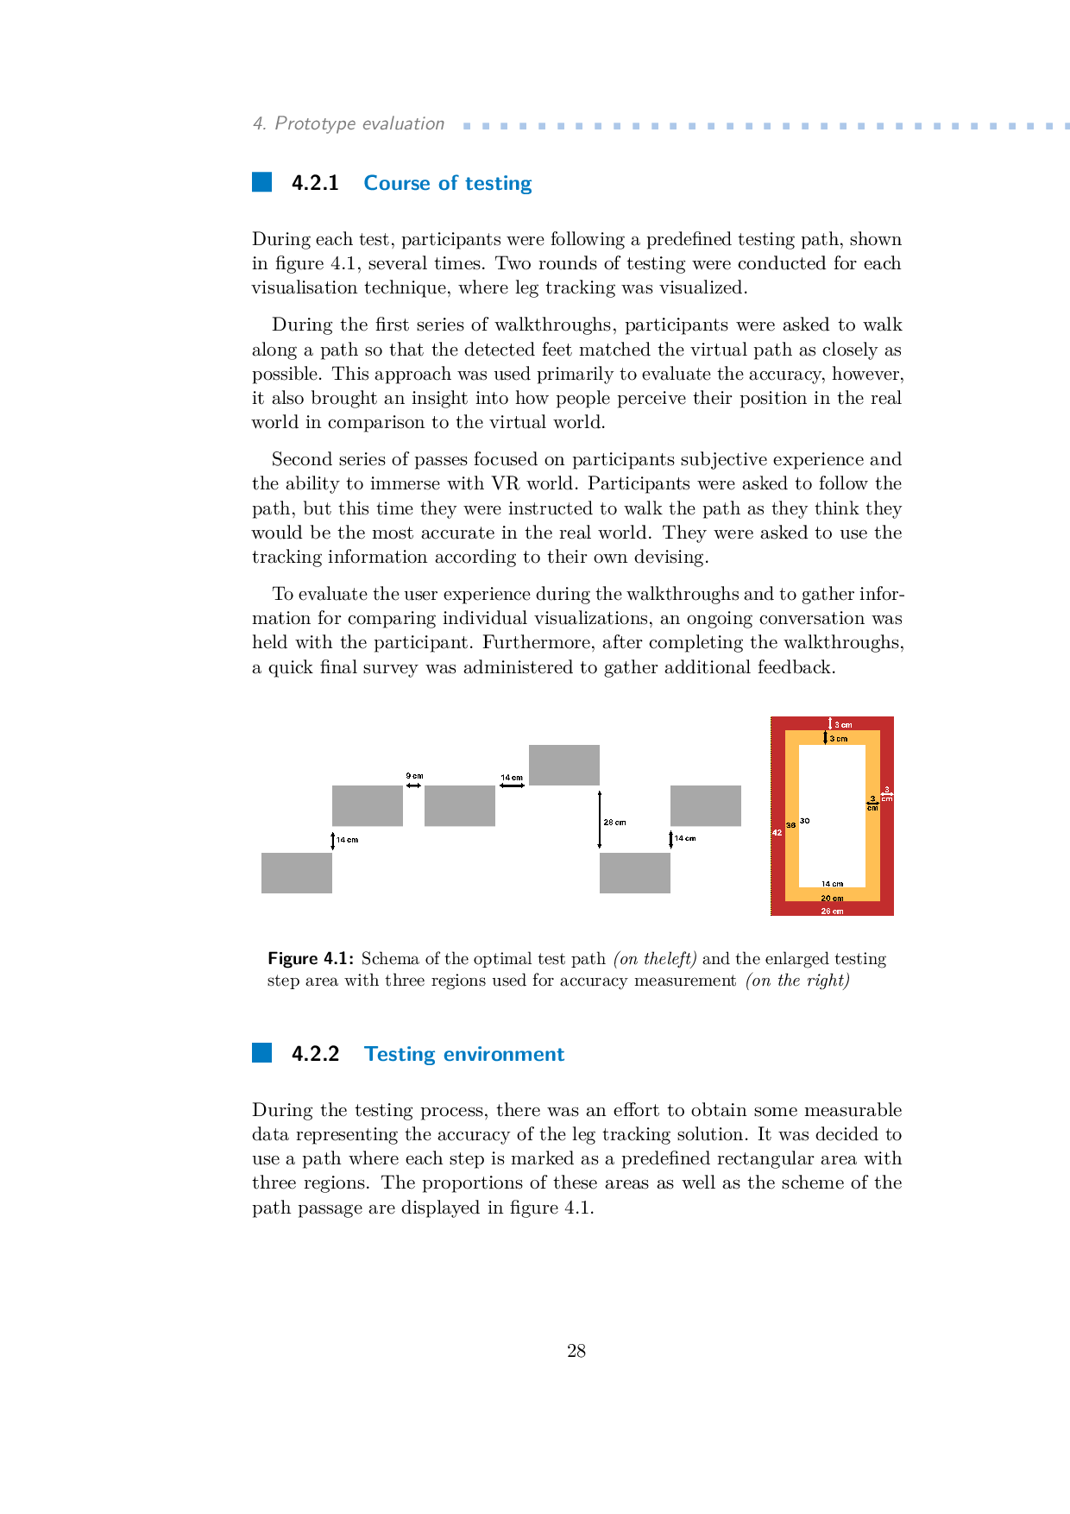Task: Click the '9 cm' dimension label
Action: [x=414, y=776]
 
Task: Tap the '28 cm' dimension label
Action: [x=614, y=823]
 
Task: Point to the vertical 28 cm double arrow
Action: [x=600, y=819]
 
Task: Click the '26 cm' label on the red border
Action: [x=832, y=911]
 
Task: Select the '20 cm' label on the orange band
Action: [x=832, y=899]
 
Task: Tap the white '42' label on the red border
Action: [x=777, y=832]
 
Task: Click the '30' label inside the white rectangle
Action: [x=804, y=821]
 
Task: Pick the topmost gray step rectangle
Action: [x=563, y=765]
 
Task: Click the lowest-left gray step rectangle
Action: [x=296, y=873]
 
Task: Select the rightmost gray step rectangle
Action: [x=705, y=805]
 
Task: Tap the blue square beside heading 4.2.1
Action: [x=261, y=182]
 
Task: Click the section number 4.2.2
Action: [x=315, y=1054]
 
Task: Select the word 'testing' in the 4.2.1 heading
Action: [x=498, y=183]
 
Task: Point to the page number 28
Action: [x=576, y=1351]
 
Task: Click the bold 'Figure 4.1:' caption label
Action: [x=311, y=958]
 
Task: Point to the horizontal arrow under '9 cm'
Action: [x=413, y=785]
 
